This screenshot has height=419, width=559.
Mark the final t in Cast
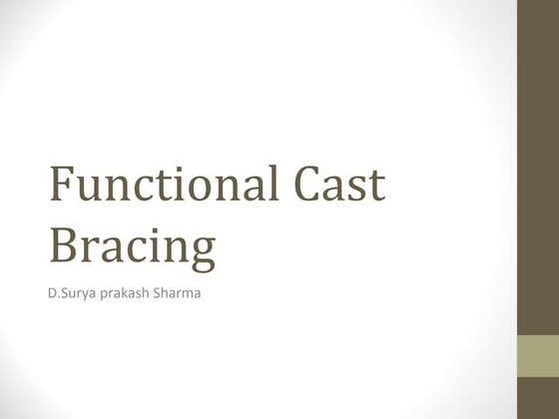(376, 188)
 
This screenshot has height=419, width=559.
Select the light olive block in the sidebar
(537, 357)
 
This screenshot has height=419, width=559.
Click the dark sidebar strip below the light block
(537, 400)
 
